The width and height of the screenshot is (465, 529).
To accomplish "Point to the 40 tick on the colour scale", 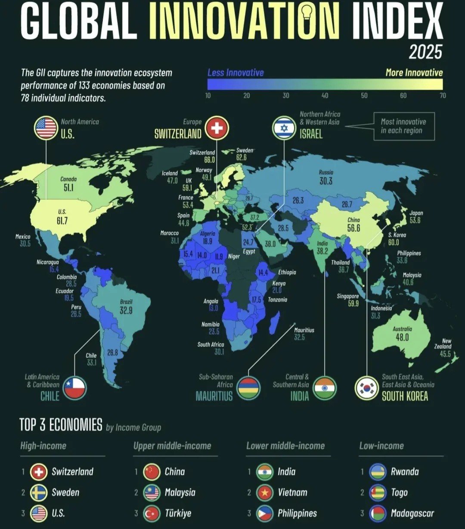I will pyautogui.click(x=325, y=95).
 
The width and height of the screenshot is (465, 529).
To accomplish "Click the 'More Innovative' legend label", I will pyautogui.click(x=414, y=72).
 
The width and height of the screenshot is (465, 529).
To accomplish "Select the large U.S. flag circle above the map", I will pyautogui.click(x=46, y=128).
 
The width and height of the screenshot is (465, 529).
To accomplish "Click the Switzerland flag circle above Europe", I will pyautogui.click(x=217, y=128).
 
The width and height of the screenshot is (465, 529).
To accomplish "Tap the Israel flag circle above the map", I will pyautogui.click(x=284, y=128).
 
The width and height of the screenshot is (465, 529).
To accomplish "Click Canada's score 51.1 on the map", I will pyautogui.click(x=68, y=188).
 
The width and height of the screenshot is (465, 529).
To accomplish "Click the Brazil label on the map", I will pyautogui.click(x=126, y=302).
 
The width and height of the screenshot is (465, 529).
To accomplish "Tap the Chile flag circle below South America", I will pyautogui.click(x=75, y=389).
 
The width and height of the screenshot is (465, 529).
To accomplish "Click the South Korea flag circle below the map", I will pyautogui.click(x=366, y=389).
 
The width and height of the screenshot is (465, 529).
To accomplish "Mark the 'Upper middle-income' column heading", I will pyautogui.click(x=172, y=445).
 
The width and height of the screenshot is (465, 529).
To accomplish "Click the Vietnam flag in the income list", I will pyautogui.click(x=265, y=492).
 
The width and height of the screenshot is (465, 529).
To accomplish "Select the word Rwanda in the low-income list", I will pyautogui.click(x=405, y=471).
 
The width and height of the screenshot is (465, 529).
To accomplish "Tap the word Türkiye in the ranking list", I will pyautogui.click(x=178, y=513).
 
